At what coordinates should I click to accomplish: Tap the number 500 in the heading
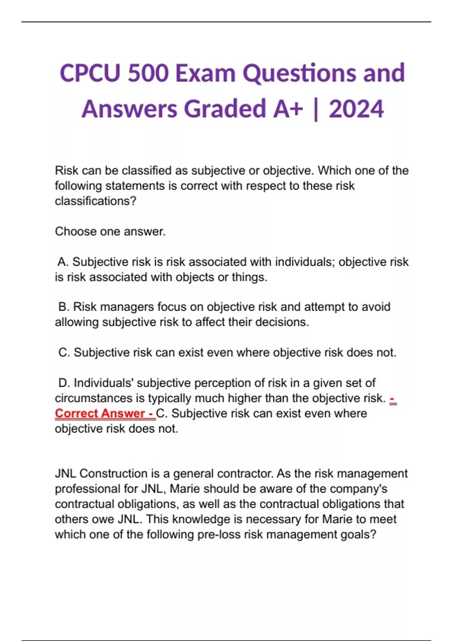(148, 73)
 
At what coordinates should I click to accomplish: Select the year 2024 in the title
(356, 109)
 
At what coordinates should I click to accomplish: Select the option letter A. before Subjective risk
(63, 262)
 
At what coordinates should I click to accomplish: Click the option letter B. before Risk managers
(64, 307)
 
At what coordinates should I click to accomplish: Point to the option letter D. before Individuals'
(64, 383)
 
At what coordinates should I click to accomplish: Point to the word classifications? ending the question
(95, 201)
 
